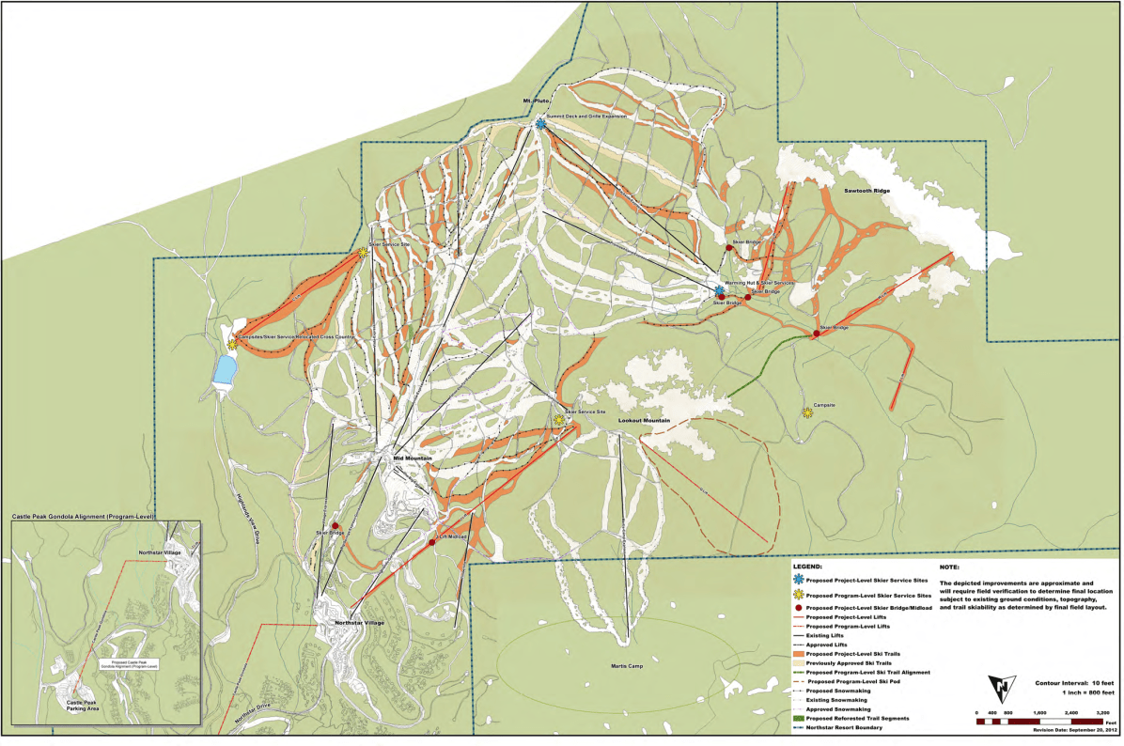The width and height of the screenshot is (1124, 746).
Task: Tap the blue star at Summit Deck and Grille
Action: (x=541, y=124)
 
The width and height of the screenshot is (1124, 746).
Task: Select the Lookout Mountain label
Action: (x=644, y=421)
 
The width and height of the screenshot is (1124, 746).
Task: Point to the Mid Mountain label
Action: (x=412, y=458)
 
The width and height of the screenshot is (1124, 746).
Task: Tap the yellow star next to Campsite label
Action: (x=807, y=412)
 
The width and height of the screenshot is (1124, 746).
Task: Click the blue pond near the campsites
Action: (x=225, y=369)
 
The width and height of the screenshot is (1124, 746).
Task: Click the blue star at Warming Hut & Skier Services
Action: (x=719, y=291)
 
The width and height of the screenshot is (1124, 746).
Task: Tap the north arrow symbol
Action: (x=1006, y=688)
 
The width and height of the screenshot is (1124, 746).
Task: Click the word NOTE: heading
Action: (x=950, y=568)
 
